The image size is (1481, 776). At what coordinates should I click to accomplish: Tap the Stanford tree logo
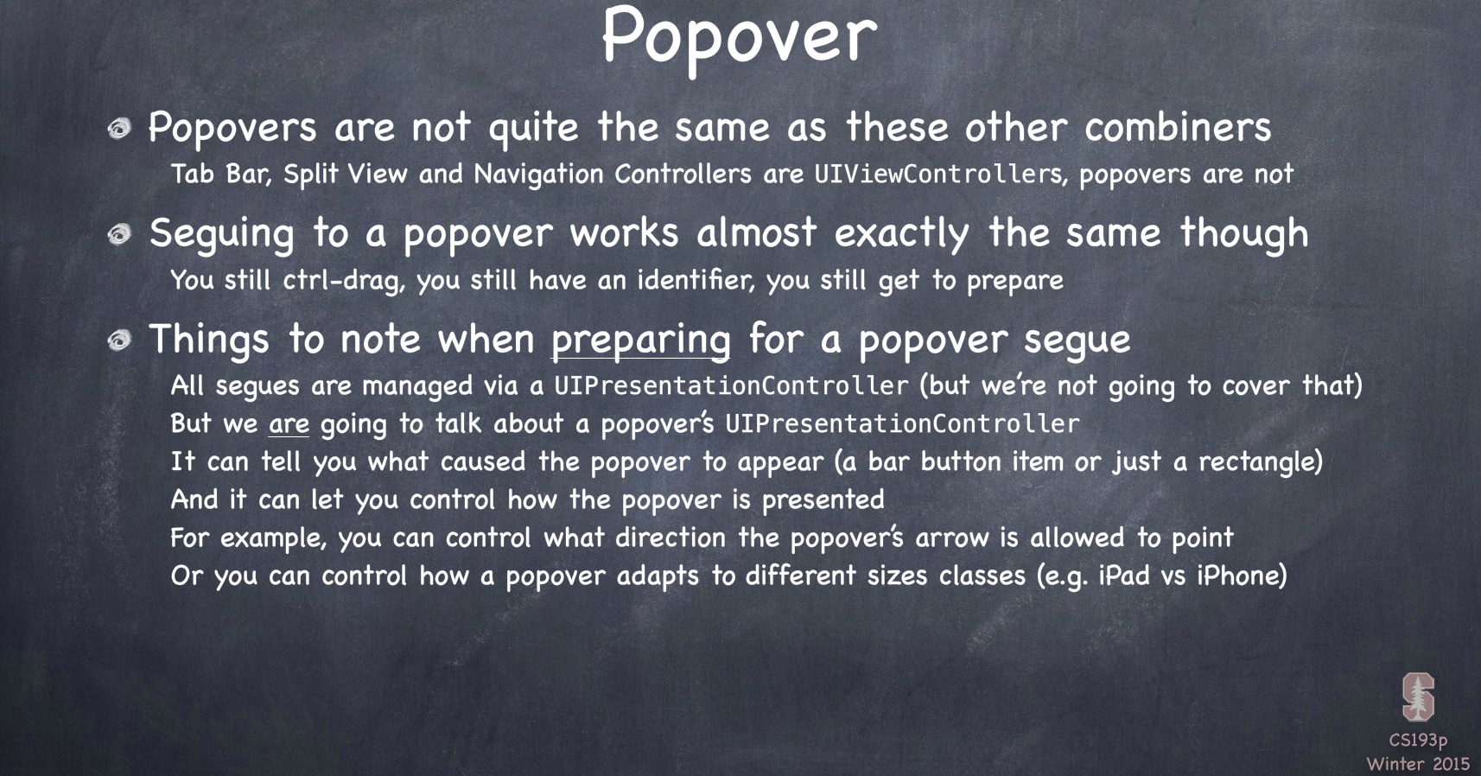1418,696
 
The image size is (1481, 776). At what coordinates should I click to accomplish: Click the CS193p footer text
1418,741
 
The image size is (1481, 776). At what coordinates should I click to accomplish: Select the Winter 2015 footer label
1418,764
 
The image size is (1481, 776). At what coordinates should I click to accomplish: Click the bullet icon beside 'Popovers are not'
119,128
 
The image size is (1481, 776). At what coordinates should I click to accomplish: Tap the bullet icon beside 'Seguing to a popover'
119,234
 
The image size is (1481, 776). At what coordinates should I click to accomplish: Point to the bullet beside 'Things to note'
119,340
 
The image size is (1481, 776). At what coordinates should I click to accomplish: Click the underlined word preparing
640,341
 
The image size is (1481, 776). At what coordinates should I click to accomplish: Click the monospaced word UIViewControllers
939,174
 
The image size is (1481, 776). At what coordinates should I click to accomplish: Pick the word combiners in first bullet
1178,127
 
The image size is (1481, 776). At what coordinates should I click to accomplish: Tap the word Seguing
221,235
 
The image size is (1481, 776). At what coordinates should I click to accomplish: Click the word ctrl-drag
342,281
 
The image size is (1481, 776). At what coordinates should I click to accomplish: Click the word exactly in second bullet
901,235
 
